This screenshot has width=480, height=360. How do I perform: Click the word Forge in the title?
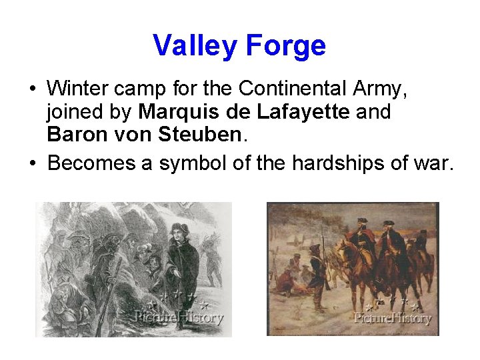coord(285,46)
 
